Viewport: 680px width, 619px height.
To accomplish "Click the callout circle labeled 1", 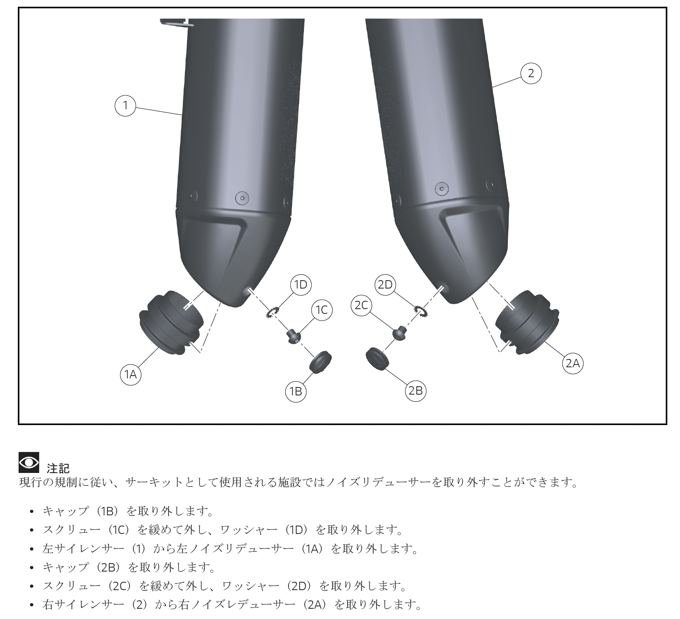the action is tap(125, 105).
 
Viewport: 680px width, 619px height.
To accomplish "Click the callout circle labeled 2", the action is tap(531, 73).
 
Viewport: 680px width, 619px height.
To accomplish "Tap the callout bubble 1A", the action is tap(131, 374).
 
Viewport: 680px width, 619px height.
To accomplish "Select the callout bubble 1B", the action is tap(296, 391).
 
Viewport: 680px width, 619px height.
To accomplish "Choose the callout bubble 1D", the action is tap(301, 285).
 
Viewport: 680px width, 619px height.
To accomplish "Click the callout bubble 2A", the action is tap(573, 363).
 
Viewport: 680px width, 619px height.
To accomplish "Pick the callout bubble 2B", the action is tap(415, 391).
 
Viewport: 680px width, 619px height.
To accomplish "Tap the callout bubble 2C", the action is tap(362, 306).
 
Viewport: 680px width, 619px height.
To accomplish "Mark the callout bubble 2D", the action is tap(385, 285).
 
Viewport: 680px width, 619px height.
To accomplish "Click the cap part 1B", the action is tap(320, 361).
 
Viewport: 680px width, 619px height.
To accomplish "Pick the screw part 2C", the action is tap(401, 332).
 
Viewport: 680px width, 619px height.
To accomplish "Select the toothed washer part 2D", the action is tap(420, 311).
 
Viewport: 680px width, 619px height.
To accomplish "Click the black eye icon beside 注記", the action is tap(29, 462).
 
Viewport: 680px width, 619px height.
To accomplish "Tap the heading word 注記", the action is tap(58, 469).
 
